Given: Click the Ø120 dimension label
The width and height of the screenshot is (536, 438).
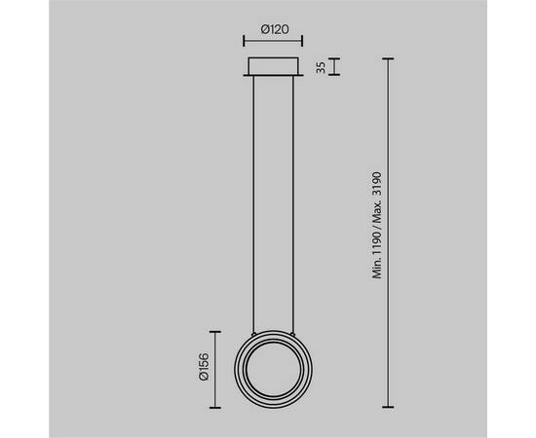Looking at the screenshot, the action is pyautogui.click(x=275, y=29).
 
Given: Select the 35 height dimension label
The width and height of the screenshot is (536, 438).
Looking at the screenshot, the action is pyautogui.click(x=321, y=67).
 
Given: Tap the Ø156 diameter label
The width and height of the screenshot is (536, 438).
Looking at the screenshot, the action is pyautogui.click(x=204, y=367).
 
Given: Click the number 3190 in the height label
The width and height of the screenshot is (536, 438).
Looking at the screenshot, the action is pyautogui.click(x=377, y=184).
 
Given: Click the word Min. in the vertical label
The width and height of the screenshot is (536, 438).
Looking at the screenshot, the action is pyautogui.click(x=377, y=268).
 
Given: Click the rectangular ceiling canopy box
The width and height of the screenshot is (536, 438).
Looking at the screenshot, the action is pyautogui.click(x=273, y=66).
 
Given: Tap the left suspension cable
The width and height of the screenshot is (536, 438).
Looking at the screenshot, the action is pyautogui.click(x=253, y=203).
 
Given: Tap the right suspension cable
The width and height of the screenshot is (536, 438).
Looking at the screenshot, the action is pyautogui.click(x=293, y=203).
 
